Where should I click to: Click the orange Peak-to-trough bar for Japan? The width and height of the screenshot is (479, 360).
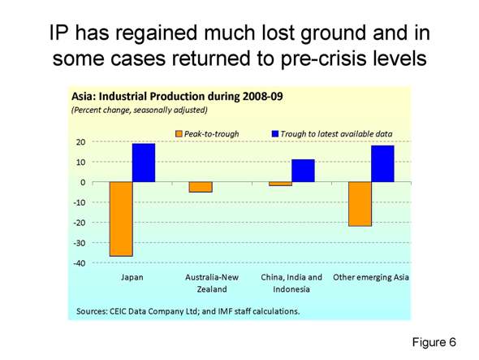coord(121,219)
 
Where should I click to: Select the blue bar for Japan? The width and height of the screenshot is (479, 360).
coord(144,163)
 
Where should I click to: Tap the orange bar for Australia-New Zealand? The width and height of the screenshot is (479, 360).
coord(201,187)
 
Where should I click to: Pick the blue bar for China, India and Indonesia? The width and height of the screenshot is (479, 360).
coord(303,171)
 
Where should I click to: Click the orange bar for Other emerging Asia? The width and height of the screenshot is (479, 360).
coord(360,204)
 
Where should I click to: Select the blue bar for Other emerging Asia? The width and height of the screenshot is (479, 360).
coord(382,163)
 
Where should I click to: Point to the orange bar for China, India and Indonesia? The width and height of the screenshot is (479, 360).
coord(281,184)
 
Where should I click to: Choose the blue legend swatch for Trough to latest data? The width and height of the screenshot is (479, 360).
coord(274,132)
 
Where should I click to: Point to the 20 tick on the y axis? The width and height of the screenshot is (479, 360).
coord(80,142)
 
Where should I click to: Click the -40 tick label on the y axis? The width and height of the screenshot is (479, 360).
coord(78,263)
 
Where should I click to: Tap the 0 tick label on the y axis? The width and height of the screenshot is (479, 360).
coord(82,182)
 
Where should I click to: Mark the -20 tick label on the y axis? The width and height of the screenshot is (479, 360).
coord(78,223)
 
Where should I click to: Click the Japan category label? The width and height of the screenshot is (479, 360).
coord(132,277)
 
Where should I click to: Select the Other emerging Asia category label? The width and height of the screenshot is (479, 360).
coord(371,277)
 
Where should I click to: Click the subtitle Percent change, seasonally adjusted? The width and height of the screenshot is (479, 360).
coord(140,109)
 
